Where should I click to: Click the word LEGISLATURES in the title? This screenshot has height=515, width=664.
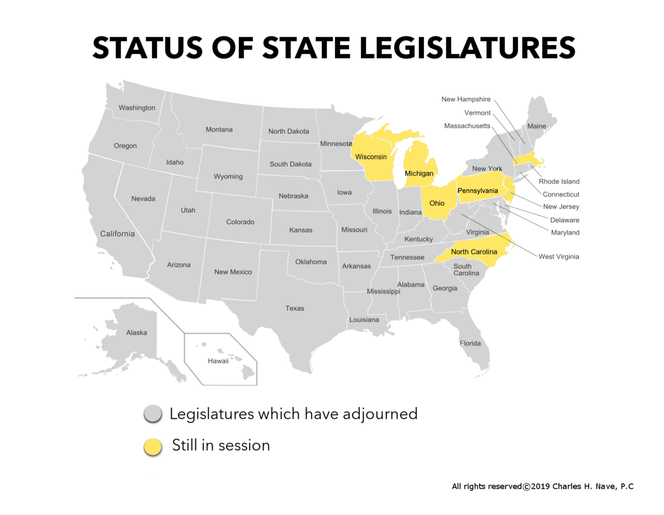pyautogui.click(x=468, y=48)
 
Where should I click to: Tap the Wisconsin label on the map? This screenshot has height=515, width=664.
pyautogui.click(x=371, y=157)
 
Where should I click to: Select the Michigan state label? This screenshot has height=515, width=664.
pyautogui.click(x=419, y=174)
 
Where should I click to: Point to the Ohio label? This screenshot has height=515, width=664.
pyautogui.click(x=436, y=203)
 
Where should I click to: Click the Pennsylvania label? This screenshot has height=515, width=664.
pyautogui.click(x=477, y=191)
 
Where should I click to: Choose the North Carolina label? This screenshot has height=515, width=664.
pyautogui.click(x=474, y=252)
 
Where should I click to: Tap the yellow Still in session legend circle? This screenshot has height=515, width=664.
pyautogui.click(x=153, y=447)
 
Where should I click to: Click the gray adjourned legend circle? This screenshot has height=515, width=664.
pyautogui.click(x=153, y=414)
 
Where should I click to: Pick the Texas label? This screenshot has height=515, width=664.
pyautogui.click(x=294, y=308)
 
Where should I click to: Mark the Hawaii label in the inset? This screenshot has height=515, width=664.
pyautogui.click(x=218, y=361)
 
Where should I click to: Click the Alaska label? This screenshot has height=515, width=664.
pyautogui.click(x=137, y=332)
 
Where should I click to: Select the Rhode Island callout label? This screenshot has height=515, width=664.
pyautogui.click(x=559, y=182)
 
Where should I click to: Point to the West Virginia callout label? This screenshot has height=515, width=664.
pyautogui.click(x=559, y=257)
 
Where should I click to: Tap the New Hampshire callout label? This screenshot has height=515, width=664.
pyautogui.click(x=466, y=99)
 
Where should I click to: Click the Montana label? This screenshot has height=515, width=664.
pyautogui.click(x=219, y=130)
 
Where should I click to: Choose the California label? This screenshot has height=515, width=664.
pyautogui.click(x=117, y=234)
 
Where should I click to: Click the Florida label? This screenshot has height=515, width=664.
pyautogui.click(x=470, y=343)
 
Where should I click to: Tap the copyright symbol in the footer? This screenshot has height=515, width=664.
pyautogui.click(x=527, y=487)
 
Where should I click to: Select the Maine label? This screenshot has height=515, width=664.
pyautogui.click(x=536, y=126)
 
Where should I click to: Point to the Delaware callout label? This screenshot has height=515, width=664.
pyautogui.click(x=565, y=220)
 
